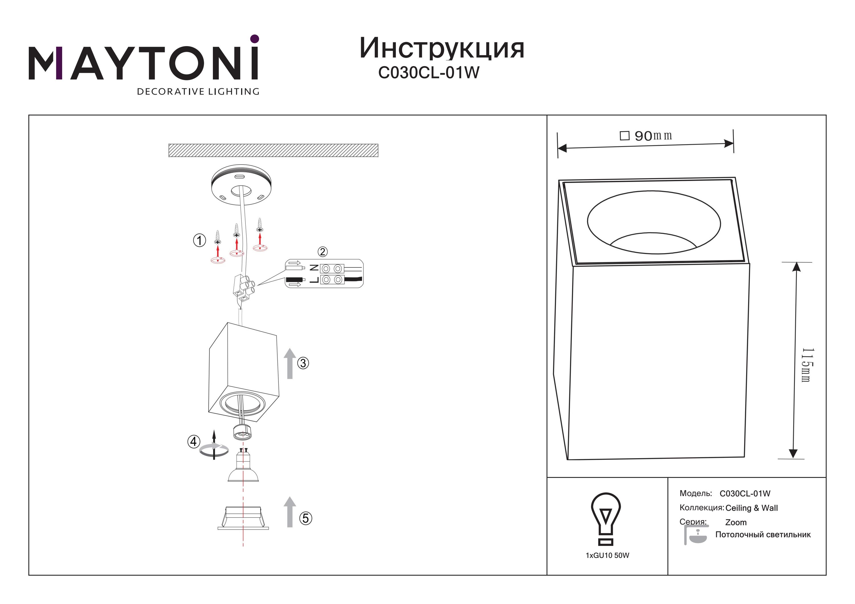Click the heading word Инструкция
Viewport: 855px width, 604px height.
coord(442,48)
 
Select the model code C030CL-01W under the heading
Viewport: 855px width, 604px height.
coord(429,73)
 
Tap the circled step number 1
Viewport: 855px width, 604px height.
coord(199,240)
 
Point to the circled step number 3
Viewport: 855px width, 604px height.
coord(303,363)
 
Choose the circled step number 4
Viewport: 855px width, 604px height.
coord(194,442)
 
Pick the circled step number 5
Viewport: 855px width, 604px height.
coord(306,518)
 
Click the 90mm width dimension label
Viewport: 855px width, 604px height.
coord(646,136)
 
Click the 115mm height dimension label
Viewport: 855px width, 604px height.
coord(807,365)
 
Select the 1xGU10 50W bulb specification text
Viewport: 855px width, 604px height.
coord(607,556)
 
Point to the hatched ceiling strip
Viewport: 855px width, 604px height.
coord(273,150)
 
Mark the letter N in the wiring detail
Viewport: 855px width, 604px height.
coord(314,268)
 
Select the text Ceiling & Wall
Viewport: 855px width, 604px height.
coord(752,508)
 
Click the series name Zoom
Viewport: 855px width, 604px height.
coord(736,523)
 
